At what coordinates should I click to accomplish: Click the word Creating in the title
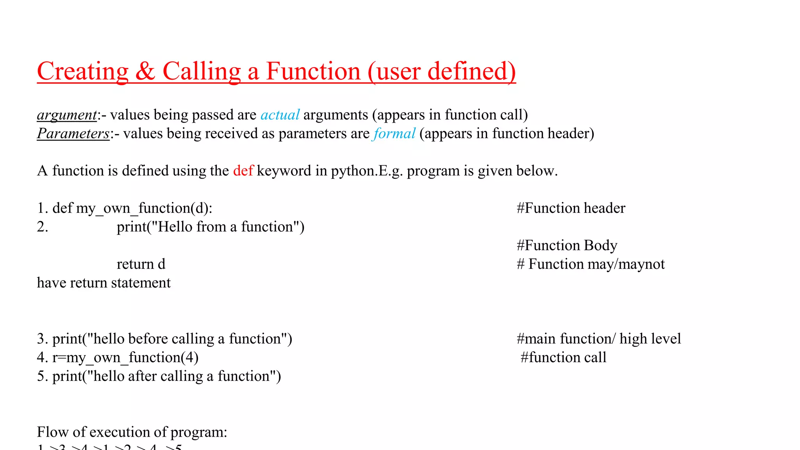click(x=83, y=71)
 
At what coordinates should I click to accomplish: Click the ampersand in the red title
click(x=145, y=71)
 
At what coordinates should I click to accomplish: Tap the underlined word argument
click(x=67, y=115)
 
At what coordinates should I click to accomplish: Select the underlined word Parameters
click(x=73, y=134)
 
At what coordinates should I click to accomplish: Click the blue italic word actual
click(x=280, y=115)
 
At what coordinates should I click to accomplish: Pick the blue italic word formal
click(x=394, y=134)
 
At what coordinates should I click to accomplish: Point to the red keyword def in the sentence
click(x=243, y=171)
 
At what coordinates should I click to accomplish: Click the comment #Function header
click(x=571, y=208)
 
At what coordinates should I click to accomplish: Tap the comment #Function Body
click(x=567, y=245)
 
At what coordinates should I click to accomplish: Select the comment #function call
click(x=563, y=357)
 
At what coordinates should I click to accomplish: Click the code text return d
click(x=141, y=264)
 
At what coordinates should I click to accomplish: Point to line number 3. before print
click(x=42, y=339)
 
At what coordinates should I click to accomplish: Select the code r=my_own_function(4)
click(x=125, y=357)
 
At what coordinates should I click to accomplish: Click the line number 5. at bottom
click(x=42, y=376)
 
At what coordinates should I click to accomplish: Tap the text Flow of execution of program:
click(x=132, y=432)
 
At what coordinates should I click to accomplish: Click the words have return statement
click(x=104, y=283)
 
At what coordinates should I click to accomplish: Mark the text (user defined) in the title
click(x=441, y=71)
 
